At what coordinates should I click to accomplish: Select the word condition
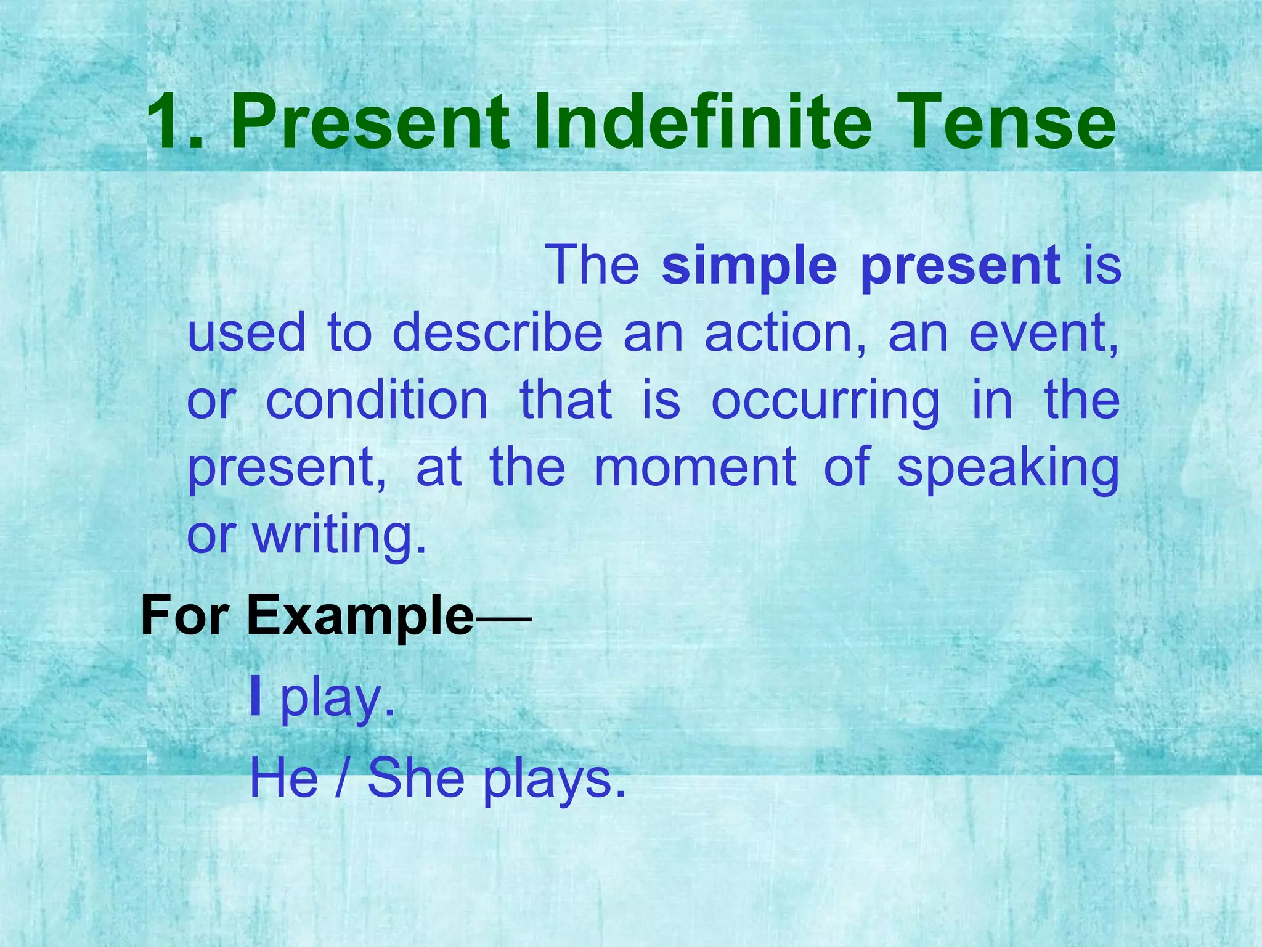(x=377, y=400)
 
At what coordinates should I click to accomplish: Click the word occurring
(x=825, y=401)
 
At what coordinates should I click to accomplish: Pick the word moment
(x=695, y=467)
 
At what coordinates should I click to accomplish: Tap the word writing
(x=339, y=535)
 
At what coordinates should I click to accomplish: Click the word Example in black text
(x=360, y=616)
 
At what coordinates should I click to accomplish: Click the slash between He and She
(x=342, y=779)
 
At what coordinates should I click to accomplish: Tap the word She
(x=416, y=778)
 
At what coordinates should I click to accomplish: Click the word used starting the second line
(x=246, y=333)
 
